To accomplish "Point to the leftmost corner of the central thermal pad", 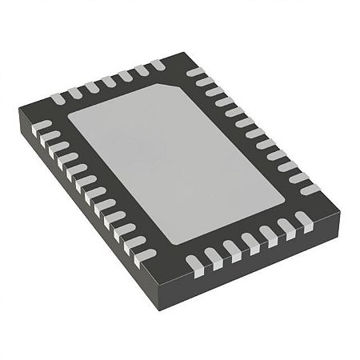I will pyautogui.click(x=68, y=118).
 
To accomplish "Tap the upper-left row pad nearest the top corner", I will pyautogui.click(x=156, y=64).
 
